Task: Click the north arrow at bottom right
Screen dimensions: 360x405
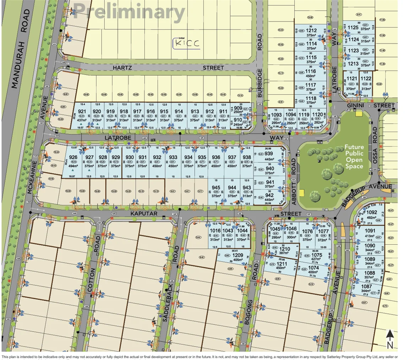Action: pyautogui.click(x=390, y=339)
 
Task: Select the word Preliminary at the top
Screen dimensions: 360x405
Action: pyautogui.click(x=131, y=12)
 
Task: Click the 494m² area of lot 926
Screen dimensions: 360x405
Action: pyautogui.click(x=73, y=166)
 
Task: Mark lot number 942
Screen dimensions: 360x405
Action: pyautogui.click(x=269, y=195)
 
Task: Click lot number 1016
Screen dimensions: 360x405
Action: pyautogui.click(x=215, y=231)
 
